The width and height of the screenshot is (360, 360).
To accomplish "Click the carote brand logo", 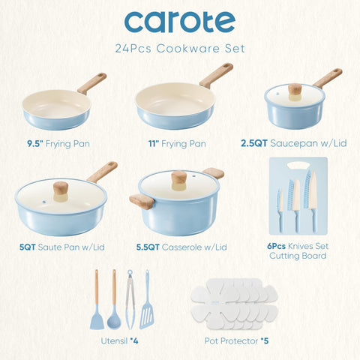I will pos(179,22).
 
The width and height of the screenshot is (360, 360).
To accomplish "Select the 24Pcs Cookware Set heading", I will pos(179,49).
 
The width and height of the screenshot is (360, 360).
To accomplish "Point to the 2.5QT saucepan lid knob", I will pos(295,91).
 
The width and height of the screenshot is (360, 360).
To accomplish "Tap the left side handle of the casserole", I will pos(141,201).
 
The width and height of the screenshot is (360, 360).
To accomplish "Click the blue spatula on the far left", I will pos(98,300).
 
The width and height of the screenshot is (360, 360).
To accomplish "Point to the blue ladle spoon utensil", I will pos(114,300).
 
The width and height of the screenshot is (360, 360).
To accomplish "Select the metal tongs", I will pos(130,300).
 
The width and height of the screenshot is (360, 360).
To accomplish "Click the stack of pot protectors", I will pos(233,304).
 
